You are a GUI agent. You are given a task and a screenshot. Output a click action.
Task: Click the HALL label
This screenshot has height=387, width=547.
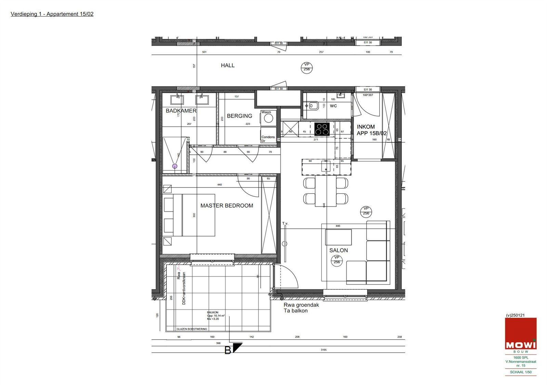click(228, 66)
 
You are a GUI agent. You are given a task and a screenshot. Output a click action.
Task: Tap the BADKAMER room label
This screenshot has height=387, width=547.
click(181, 111)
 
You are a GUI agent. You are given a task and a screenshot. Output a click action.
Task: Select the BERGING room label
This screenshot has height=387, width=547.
click(239, 116)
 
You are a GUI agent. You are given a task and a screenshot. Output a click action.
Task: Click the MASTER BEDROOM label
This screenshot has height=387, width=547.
click(227, 206)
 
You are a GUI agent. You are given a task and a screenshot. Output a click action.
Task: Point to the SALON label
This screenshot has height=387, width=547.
click(338, 250)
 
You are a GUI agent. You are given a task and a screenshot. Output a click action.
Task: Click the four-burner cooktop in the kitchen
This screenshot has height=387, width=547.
click(322, 129)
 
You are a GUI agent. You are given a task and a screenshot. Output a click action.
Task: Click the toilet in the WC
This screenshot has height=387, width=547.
click(312, 106)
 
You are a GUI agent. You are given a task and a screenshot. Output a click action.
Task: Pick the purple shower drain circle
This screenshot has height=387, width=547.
click(175, 166)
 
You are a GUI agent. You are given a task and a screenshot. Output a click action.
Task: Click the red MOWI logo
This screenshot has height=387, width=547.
click(521, 334)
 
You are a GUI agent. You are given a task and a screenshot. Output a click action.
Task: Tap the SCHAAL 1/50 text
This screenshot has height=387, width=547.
click(521, 372)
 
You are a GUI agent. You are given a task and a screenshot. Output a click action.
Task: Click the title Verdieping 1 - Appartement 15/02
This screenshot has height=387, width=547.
click(52, 14)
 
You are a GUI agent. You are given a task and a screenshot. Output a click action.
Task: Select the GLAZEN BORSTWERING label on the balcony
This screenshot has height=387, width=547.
click(192, 329)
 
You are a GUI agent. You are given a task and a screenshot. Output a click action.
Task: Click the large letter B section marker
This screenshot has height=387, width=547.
click(228, 350)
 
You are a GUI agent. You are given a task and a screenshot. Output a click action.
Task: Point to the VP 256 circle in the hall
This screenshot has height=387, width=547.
click(307, 67)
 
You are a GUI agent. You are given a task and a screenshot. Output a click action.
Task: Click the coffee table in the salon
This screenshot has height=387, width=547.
click(338, 237)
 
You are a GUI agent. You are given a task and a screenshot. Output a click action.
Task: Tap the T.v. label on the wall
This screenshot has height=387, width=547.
click(285, 223)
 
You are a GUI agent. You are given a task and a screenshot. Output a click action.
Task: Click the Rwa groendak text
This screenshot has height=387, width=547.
click(301, 305)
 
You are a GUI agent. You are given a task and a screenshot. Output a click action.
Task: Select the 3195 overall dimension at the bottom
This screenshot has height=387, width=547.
click(323, 350)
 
